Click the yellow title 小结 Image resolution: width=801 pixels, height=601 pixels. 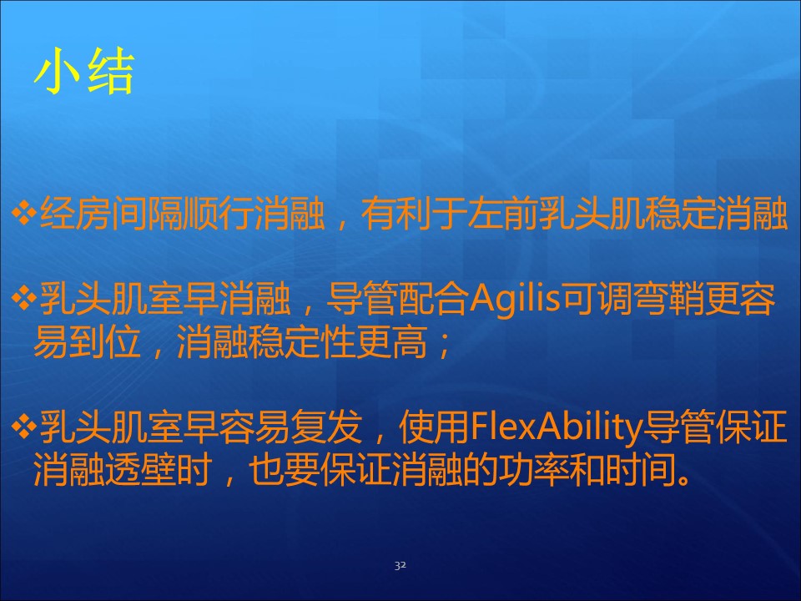(x=84, y=71)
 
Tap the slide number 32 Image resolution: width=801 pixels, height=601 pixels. (x=400, y=565)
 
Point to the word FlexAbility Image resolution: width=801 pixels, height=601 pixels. (x=556, y=428)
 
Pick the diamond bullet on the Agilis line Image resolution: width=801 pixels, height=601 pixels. (x=23, y=299)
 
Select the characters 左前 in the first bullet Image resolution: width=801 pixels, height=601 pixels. (x=502, y=213)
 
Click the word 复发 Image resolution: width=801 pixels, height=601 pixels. (x=326, y=427)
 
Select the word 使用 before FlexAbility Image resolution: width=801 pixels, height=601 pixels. (x=434, y=427)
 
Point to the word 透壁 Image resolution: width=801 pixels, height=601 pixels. (x=140, y=470)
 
